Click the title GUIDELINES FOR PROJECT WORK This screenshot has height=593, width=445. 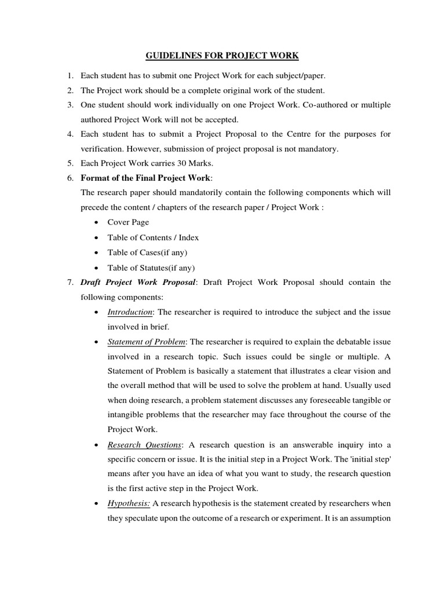pyautogui.click(x=222, y=56)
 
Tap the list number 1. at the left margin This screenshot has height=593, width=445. pyautogui.click(x=70, y=76)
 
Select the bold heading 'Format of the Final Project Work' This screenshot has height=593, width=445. pyautogui.click(x=146, y=177)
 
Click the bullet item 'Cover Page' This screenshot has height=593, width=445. pyautogui.click(x=128, y=222)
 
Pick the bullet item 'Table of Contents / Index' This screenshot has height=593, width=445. pyautogui.click(x=153, y=237)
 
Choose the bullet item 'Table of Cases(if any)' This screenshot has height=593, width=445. pyautogui.click(x=148, y=252)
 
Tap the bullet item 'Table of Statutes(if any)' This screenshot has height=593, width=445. pyautogui.click(x=151, y=268)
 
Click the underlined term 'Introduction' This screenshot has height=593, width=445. pyautogui.click(x=130, y=312)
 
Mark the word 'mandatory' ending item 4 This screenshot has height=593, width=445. pyautogui.click(x=318, y=149)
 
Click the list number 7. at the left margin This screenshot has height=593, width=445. pyautogui.click(x=70, y=283)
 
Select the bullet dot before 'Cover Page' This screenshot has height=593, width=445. pyautogui.click(x=95, y=223)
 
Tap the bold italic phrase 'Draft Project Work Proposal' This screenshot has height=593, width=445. pyautogui.click(x=138, y=283)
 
